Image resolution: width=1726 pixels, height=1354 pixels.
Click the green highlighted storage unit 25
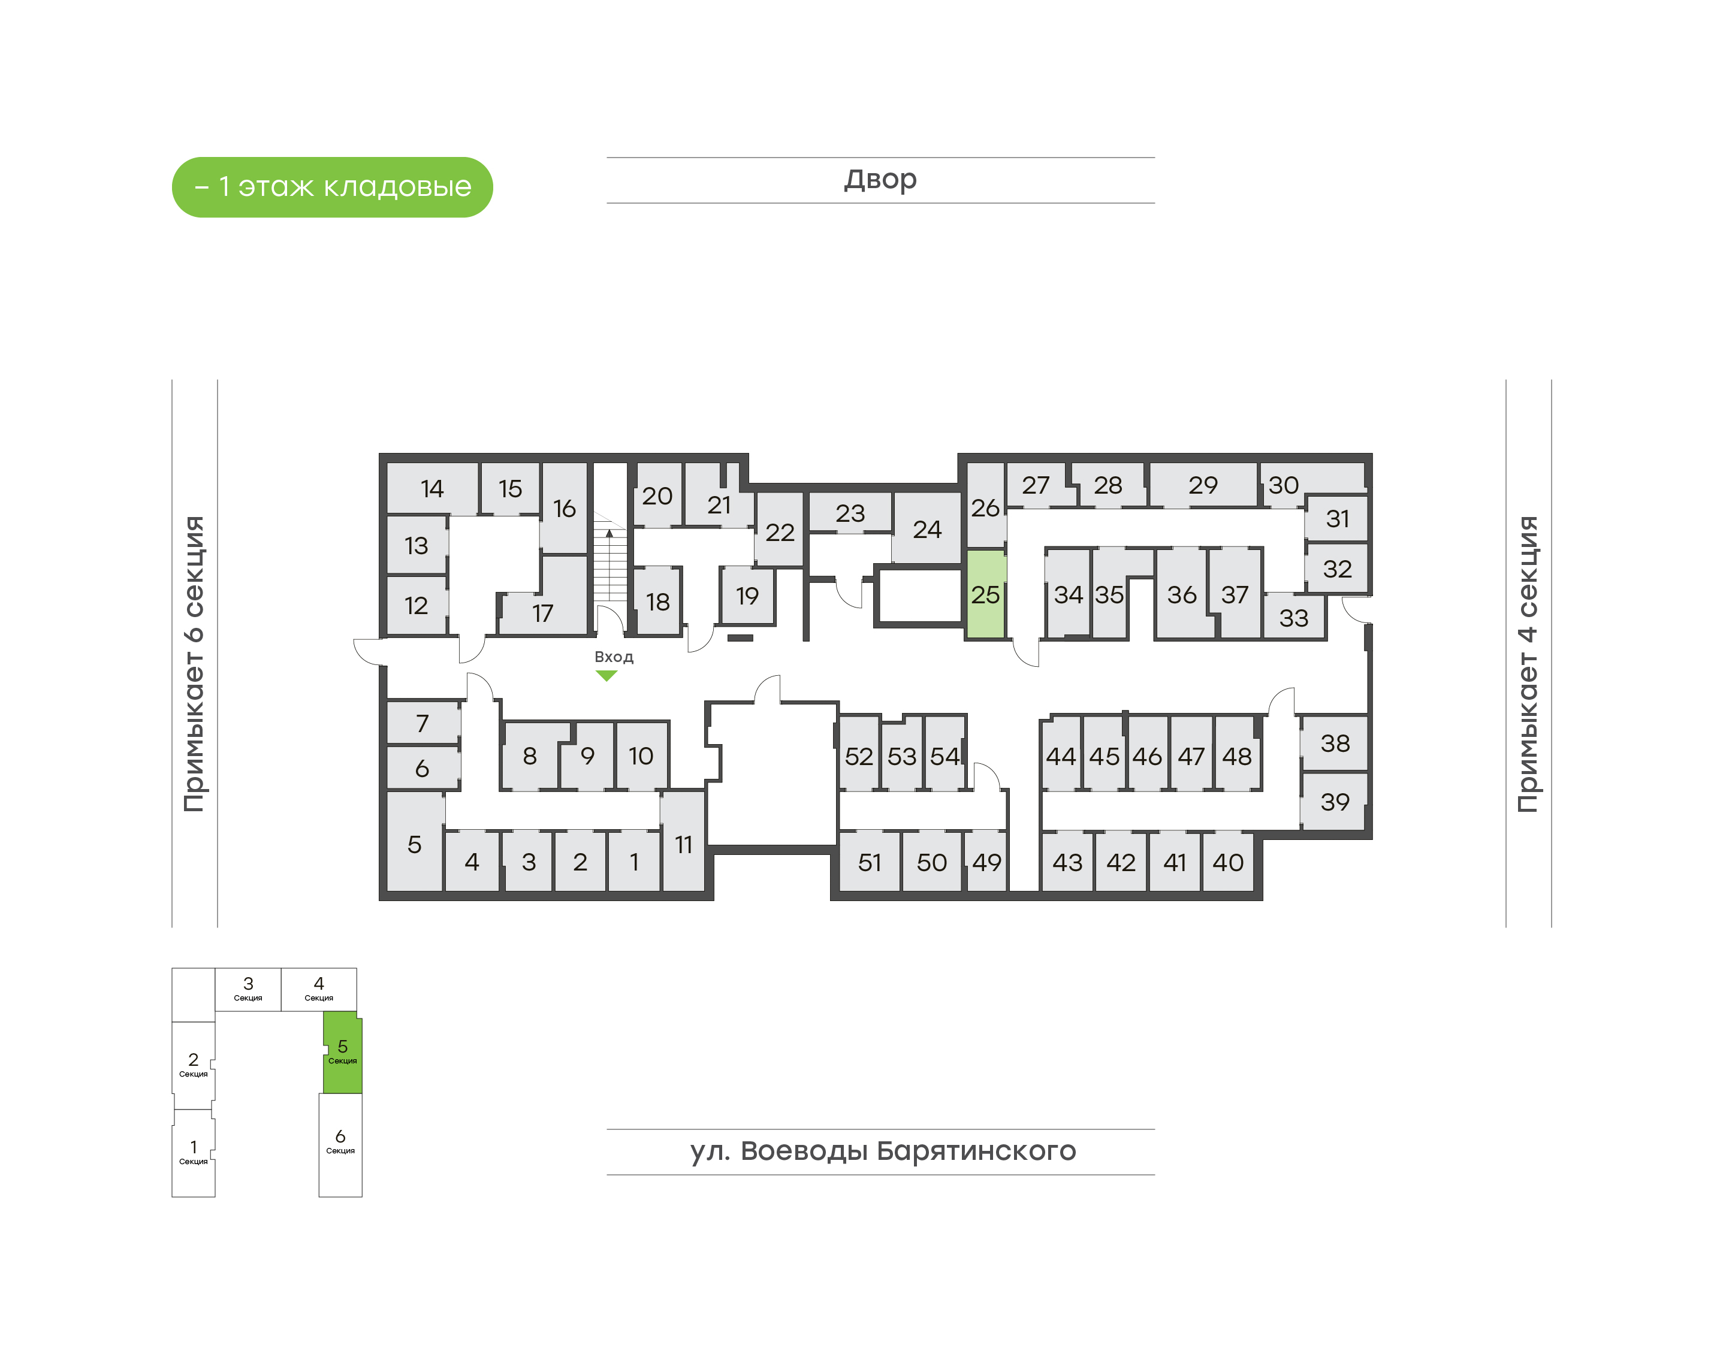(x=985, y=594)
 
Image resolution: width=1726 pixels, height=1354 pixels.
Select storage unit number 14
(x=432, y=488)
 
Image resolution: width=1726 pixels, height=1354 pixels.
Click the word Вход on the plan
(x=614, y=657)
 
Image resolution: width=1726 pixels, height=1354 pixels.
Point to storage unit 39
(x=1334, y=802)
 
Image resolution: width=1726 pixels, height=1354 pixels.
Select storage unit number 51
(x=870, y=862)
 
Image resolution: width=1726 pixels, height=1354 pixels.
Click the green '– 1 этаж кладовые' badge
(x=332, y=187)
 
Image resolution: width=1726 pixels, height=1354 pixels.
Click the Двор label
(x=880, y=180)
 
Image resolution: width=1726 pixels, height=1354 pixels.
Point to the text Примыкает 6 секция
(x=194, y=664)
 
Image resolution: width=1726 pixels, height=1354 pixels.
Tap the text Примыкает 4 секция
(x=1528, y=664)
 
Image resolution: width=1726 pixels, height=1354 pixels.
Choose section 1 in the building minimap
(x=194, y=1153)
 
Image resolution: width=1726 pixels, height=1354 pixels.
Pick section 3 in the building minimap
(x=248, y=989)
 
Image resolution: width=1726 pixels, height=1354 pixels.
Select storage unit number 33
(x=1293, y=618)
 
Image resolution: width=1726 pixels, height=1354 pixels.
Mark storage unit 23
(x=850, y=513)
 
